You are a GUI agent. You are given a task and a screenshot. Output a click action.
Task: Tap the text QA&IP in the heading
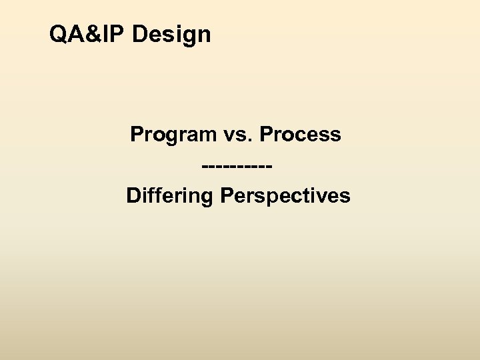click(x=88, y=34)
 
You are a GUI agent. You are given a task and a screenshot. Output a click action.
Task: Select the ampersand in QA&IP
click(x=92, y=34)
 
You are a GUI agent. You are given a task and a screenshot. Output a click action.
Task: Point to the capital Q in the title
click(x=59, y=34)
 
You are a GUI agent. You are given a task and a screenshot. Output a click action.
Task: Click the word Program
click(x=173, y=135)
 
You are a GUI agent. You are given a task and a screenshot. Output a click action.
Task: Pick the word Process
click(x=300, y=135)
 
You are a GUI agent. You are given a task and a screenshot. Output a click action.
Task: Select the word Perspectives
click(x=287, y=196)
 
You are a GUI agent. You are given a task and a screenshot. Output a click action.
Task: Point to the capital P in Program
click(x=137, y=135)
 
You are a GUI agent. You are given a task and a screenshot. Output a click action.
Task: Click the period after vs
click(x=250, y=140)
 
